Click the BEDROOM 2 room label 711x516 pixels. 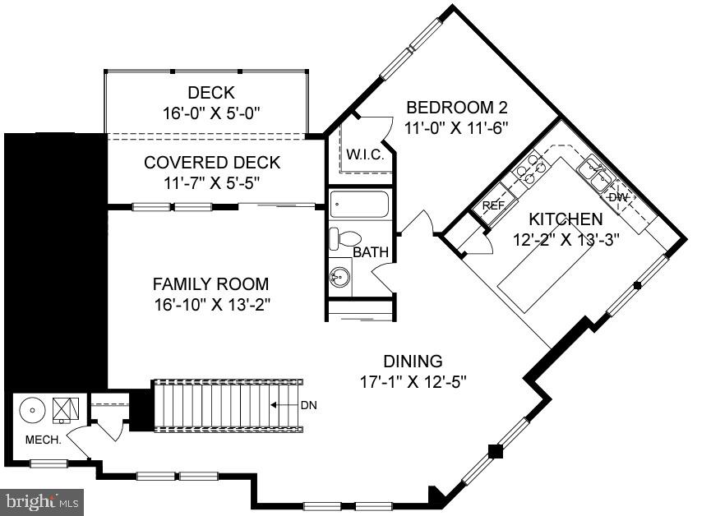click(457, 108)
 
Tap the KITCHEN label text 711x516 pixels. click(565, 219)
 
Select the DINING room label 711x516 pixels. click(413, 361)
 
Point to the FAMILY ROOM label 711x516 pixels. click(210, 284)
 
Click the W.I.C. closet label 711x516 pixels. click(361, 154)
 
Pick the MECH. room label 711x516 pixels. click(43, 440)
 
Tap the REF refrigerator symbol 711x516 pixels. click(493, 205)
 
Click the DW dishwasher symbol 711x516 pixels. click(618, 197)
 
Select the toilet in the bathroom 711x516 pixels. click(344, 238)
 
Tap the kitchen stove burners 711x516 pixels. click(531, 167)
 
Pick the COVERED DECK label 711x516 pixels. click(212, 163)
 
